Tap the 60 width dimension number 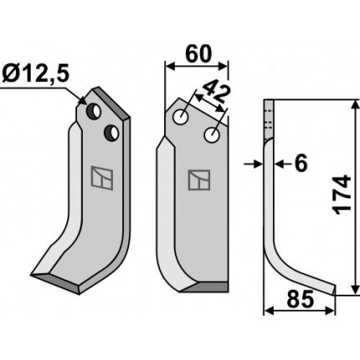[x=198, y=54]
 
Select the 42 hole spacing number [x=217, y=93]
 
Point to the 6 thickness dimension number [x=301, y=163]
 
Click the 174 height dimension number [x=342, y=195]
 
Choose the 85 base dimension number [x=301, y=300]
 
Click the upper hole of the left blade [x=94, y=111]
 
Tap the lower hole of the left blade [x=111, y=133]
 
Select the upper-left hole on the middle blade [x=180, y=116]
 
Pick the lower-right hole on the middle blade [x=212, y=135]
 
